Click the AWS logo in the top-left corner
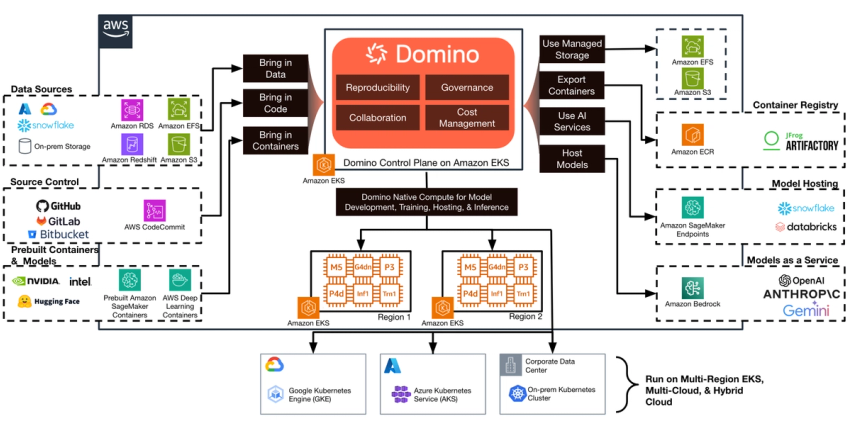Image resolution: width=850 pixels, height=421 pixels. pos(117,31)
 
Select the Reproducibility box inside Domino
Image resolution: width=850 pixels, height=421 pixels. pos(378,87)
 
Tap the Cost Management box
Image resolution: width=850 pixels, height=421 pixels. pos(468,117)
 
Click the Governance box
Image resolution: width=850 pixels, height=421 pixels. pos(468,87)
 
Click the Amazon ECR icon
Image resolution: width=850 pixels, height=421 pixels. pos(692,135)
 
